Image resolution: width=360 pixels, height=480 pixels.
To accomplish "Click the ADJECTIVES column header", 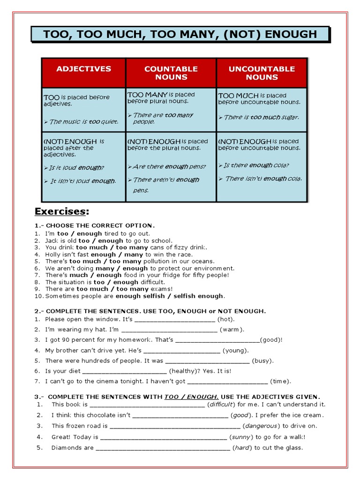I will [x=83, y=69].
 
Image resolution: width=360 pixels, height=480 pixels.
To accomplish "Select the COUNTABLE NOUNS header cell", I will [x=171, y=73].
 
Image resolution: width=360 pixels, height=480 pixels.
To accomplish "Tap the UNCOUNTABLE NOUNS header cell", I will [x=262, y=73].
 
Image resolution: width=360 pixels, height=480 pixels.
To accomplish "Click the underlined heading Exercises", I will [x=62, y=211].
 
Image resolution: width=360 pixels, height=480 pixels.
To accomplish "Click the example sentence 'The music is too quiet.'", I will [x=83, y=122].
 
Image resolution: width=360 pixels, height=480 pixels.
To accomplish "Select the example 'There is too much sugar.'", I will [x=261, y=117].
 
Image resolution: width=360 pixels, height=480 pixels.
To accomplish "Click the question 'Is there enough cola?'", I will [x=256, y=165].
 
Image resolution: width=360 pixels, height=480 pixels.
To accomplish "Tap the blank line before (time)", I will [x=228, y=382].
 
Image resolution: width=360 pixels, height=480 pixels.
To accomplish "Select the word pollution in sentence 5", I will [x=159, y=262].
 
